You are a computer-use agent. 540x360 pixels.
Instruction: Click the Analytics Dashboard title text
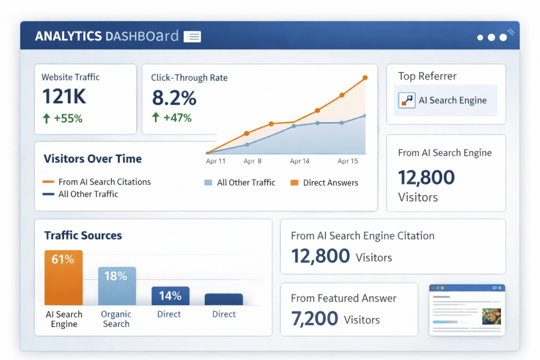107,36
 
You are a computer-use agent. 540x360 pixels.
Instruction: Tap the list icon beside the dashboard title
192,36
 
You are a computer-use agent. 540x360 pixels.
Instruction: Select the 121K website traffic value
64,97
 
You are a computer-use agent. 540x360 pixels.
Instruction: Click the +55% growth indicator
62,119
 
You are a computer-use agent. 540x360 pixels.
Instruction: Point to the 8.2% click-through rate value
174,98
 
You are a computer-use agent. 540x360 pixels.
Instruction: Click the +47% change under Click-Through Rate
171,118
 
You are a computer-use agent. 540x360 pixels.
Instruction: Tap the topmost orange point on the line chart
365,79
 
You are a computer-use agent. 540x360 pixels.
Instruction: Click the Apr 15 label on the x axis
348,161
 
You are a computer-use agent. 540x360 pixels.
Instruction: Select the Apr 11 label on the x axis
215,161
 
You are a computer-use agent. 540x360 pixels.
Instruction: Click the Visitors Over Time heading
92,159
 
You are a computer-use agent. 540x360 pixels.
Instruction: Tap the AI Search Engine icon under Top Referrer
407,100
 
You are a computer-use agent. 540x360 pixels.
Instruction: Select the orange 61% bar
63,277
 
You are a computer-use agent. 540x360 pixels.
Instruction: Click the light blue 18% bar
117,286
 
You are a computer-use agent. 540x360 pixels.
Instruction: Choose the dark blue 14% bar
170,295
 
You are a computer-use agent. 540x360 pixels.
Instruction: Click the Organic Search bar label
116,319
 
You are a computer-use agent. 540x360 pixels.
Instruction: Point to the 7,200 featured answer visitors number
314,318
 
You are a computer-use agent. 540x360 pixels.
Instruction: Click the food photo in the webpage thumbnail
491,316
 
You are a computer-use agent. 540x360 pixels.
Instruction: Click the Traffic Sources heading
83,236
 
